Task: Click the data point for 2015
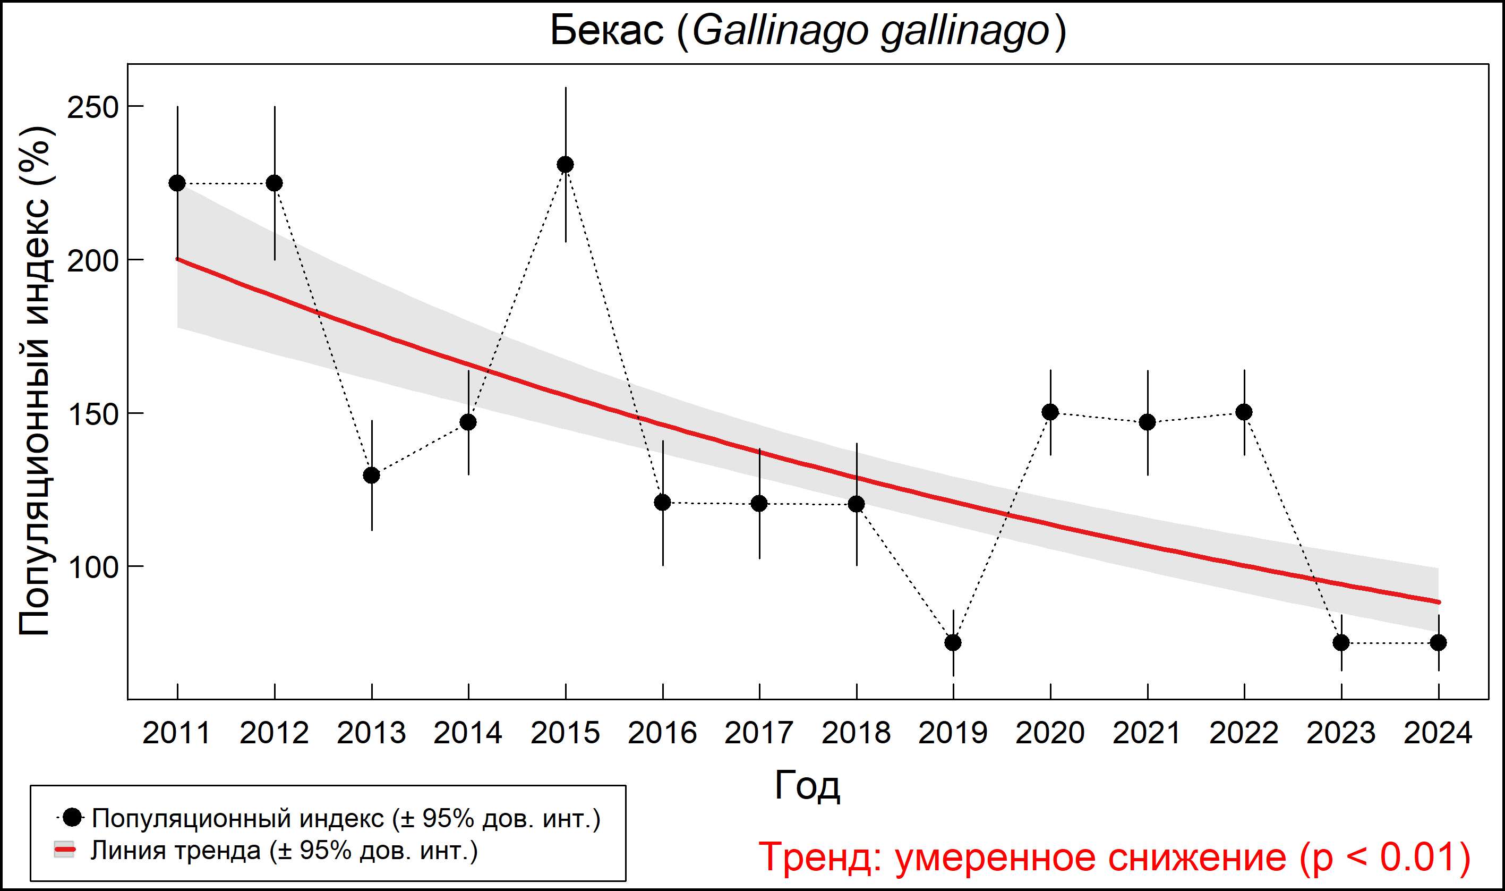[565, 165]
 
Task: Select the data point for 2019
[953, 642]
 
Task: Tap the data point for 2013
[371, 476]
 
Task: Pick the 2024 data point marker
[1439, 642]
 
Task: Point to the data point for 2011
[177, 183]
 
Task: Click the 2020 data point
[1050, 412]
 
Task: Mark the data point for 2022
[1244, 412]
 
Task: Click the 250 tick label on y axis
[92, 108]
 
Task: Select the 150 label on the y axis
[92, 415]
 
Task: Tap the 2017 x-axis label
[759, 733]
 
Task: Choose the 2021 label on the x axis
[1147, 733]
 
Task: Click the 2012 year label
[274, 733]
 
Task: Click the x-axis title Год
[807, 785]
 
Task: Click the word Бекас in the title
[608, 31]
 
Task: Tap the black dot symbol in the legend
[73, 817]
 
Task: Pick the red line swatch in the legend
[65, 850]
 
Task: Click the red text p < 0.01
[1386, 857]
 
